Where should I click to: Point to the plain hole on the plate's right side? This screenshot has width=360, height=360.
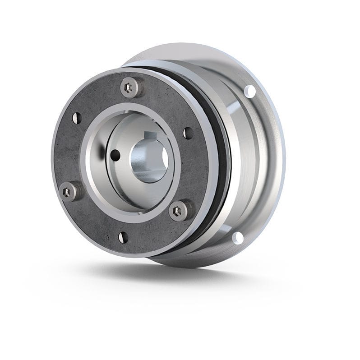click(188, 133)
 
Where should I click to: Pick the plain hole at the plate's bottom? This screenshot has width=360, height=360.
click(122, 236)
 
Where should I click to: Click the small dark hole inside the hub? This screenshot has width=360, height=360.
click(116, 155)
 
